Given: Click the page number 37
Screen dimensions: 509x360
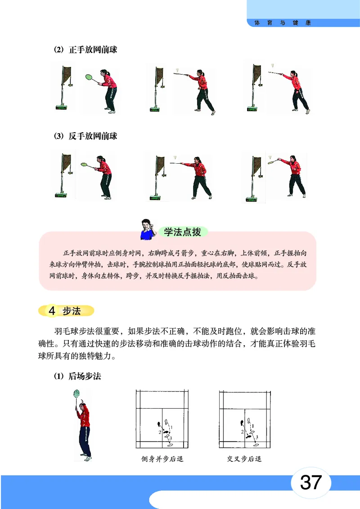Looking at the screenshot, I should click(310, 482).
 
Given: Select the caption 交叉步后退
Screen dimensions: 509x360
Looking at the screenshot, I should click(244, 459).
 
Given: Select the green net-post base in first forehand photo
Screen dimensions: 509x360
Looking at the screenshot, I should click(61, 107).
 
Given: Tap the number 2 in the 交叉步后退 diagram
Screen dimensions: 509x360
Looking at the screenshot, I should click(243, 432).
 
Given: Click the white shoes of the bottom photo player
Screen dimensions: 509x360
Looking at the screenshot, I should click(87, 458).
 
